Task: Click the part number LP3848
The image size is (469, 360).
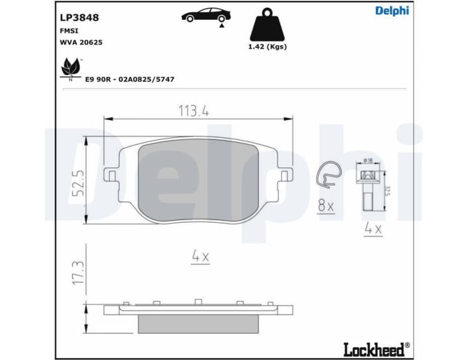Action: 79,18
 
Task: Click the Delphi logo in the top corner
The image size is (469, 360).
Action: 392,10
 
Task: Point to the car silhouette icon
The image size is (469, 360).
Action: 206,15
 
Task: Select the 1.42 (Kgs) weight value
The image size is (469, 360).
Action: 267,47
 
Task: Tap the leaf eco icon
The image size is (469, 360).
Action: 71,68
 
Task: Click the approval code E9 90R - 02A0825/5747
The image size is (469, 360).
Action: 130,79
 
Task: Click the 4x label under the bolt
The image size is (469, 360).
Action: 373,229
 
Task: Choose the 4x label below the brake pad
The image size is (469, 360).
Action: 200,257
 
